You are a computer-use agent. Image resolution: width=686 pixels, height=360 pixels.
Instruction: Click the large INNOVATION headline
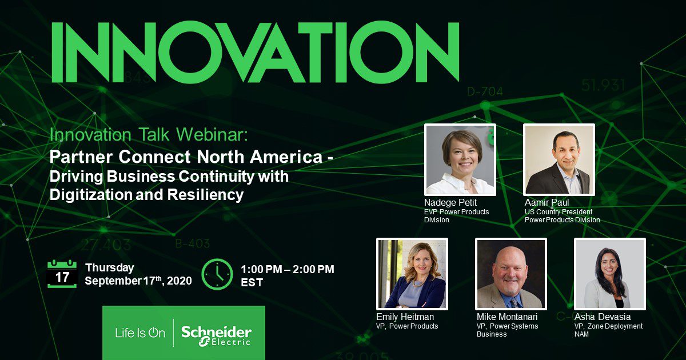(255, 52)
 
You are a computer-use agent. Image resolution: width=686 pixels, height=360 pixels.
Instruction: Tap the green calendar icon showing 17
(62, 274)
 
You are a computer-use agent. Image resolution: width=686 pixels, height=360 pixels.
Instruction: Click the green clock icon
(217, 274)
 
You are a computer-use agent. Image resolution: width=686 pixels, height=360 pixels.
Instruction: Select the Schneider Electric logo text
(216, 336)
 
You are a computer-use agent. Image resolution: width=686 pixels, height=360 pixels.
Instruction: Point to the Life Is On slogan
(140, 333)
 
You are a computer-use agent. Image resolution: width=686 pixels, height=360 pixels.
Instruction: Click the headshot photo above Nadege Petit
(460, 160)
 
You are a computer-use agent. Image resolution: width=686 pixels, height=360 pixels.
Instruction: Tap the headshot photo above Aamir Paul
(559, 160)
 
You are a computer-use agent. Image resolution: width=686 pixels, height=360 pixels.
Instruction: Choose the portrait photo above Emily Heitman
(412, 274)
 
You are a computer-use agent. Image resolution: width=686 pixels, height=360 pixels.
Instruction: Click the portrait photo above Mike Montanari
(511, 274)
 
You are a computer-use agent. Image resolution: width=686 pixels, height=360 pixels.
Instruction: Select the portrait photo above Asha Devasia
(610, 274)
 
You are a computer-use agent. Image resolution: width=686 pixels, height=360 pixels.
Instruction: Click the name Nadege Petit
(450, 202)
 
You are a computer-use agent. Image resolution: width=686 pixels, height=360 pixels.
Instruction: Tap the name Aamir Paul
(547, 202)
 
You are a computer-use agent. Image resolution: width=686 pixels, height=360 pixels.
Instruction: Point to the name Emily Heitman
(405, 317)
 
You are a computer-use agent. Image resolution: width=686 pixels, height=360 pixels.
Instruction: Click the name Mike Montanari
(507, 317)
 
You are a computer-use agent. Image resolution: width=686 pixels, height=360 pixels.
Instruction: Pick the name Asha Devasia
(603, 317)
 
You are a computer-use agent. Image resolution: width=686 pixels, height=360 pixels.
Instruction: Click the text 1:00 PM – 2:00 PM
(287, 269)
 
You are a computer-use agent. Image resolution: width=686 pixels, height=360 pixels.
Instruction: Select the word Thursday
(109, 268)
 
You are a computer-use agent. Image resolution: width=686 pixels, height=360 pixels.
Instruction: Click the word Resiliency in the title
(205, 195)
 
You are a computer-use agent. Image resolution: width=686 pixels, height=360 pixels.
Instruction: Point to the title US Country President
(559, 212)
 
